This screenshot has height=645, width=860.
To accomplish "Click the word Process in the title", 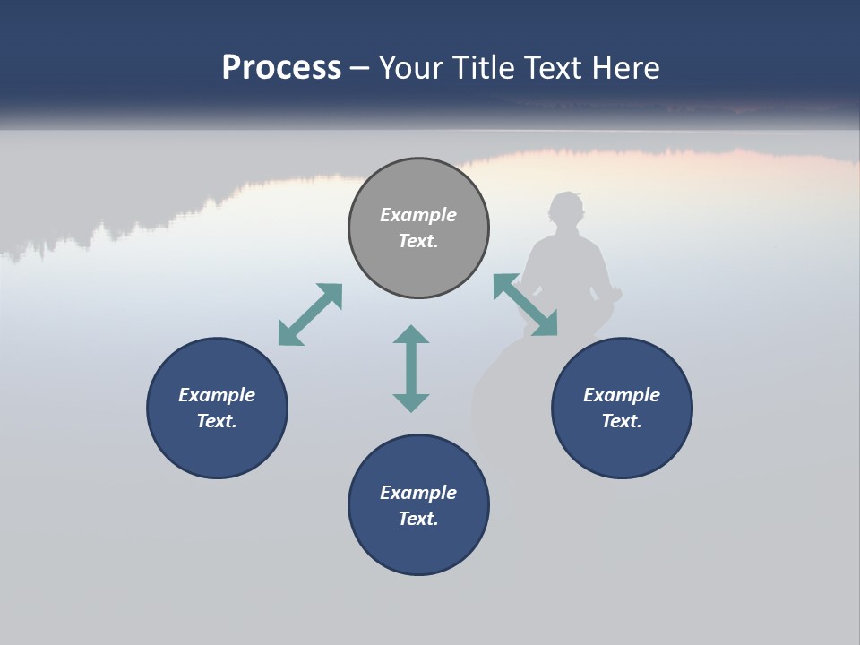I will [281, 68].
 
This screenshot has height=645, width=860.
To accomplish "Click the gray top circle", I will [418, 228].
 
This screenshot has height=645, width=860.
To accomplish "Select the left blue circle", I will [217, 408].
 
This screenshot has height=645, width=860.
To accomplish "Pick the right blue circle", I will [622, 408].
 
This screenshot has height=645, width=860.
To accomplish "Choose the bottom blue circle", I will [418, 504].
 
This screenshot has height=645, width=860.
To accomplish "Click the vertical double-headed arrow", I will [411, 368].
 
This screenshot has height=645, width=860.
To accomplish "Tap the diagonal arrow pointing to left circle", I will [310, 314].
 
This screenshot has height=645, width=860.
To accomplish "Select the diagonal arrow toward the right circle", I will [526, 305].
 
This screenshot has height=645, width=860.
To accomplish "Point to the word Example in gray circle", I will [418, 215].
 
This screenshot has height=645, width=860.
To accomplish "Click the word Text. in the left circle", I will [217, 421].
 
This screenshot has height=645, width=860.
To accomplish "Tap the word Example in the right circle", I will [622, 395].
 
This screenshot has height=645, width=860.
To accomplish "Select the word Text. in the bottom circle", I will [418, 519].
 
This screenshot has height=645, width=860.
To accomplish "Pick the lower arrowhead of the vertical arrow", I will [411, 401].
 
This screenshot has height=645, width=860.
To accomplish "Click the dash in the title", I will [360, 68].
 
